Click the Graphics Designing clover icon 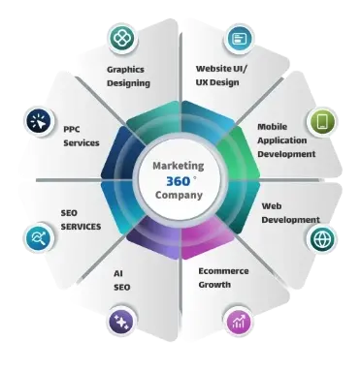point(123,39)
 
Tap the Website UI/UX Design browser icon point(239,39)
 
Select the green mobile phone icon point(321,122)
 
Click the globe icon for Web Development point(321,239)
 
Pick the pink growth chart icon point(239,322)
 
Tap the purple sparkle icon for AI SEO point(121,322)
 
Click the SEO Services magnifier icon point(39,238)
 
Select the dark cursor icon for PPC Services point(39,121)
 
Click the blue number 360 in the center point(179,181)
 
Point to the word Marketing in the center point(179,166)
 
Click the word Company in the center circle point(179,195)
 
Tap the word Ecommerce point(223,271)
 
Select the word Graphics point(125,70)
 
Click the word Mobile point(272,126)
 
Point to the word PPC point(72,129)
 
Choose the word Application point(282,140)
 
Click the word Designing point(128,83)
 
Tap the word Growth point(214,285)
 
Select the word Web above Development point(272,206)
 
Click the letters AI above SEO point(118,273)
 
